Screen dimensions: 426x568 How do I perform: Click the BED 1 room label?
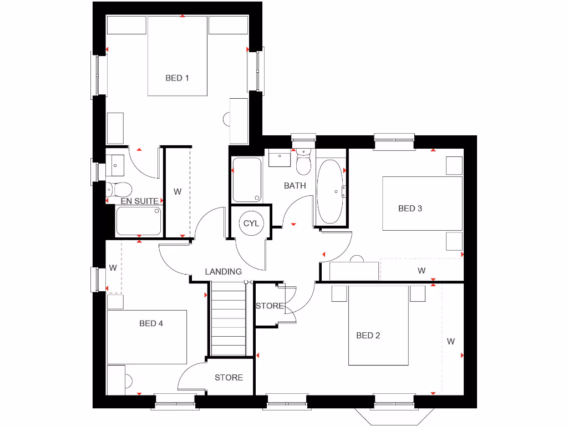click(x=177, y=78)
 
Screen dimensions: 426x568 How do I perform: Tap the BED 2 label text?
click(x=368, y=336)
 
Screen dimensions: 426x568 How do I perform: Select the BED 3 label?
click(x=410, y=209)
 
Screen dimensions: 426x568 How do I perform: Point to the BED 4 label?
click(x=151, y=323)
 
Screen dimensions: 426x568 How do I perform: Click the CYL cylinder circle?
click(x=251, y=224)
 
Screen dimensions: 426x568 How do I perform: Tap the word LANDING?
click(x=223, y=272)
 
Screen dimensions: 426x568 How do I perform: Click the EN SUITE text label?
click(x=139, y=201)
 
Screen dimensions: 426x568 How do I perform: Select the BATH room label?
click(x=295, y=186)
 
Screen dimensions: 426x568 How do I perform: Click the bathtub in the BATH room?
click(x=331, y=192)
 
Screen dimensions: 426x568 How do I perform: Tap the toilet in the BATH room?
click(x=304, y=163)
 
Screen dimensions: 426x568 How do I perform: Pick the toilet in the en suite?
click(x=119, y=189)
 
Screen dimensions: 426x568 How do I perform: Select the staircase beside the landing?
click(x=229, y=319)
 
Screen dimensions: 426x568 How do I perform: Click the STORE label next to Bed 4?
click(x=229, y=378)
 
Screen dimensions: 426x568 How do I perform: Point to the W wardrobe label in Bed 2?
click(x=450, y=342)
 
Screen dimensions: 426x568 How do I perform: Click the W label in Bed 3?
click(x=422, y=271)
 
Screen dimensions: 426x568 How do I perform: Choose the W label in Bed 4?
click(x=113, y=268)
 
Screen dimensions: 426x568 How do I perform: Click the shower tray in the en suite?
click(x=139, y=221)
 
